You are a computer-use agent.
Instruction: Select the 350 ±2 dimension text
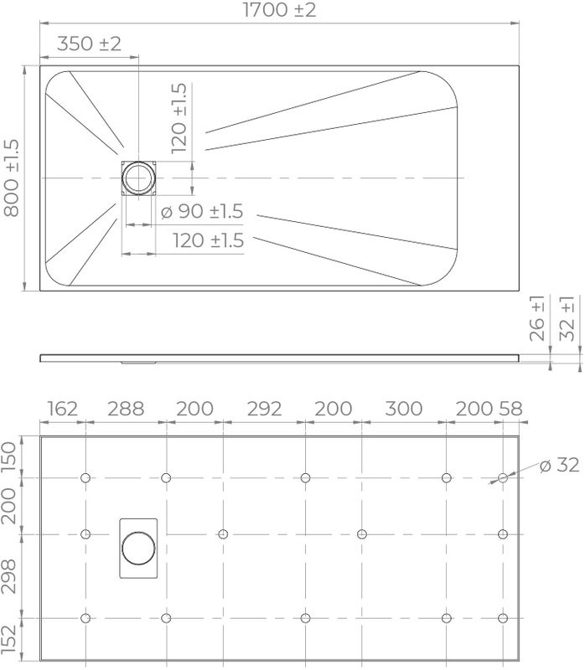[90, 44]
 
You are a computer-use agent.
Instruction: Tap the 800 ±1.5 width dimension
[13, 178]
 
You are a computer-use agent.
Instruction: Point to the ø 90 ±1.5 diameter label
[201, 212]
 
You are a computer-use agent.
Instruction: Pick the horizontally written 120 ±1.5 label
[208, 241]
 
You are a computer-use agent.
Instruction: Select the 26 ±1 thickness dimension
[537, 317]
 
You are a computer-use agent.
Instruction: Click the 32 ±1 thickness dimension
[567, 317]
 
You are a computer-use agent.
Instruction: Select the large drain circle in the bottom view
[137, 548]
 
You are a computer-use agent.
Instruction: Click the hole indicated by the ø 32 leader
[502, 478]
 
